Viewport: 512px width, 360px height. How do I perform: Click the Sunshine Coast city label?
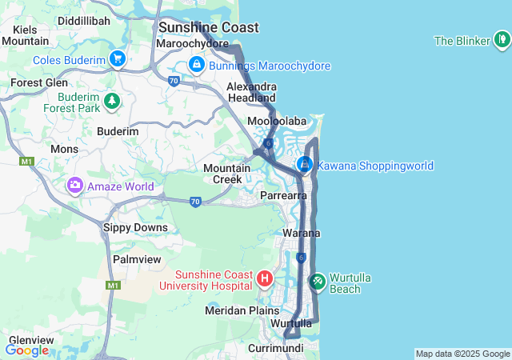(208, 27)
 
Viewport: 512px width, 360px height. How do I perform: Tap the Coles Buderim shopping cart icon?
(118, 58)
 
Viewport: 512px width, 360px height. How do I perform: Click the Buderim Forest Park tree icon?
(113, 100)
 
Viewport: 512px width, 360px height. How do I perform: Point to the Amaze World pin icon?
(75, 186)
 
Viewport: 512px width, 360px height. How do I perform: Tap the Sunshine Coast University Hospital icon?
(266, 279)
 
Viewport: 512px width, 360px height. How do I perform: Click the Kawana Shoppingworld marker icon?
(305, 165)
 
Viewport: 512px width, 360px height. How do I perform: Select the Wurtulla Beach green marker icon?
(317, 281)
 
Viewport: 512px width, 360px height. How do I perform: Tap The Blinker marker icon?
(501, 39)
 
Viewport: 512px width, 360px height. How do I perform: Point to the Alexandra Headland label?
(251, 92)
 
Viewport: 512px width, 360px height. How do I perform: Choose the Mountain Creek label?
(222, 174)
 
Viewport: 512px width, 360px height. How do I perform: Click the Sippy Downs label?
(135, 227)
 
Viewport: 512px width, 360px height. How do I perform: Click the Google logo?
(27, 350)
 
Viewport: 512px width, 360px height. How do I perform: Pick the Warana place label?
(302, 233)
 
